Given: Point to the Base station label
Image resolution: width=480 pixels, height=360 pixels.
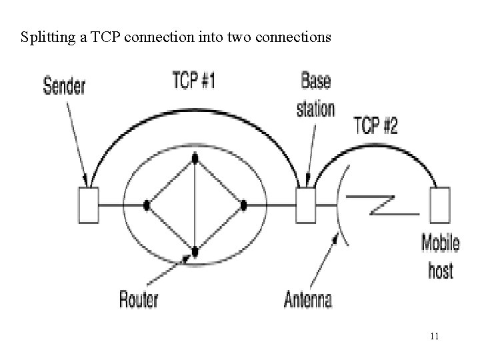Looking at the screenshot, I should click(x=316, y=96).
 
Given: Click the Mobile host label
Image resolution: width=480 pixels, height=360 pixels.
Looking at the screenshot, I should click(x=440, y=257).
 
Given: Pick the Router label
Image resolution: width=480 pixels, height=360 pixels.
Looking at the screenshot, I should click(x=139, y=298).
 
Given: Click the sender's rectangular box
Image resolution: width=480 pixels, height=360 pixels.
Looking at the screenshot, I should click(x=88, y=205).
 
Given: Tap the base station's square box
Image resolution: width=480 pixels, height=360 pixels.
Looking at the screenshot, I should click(x=306, y=204).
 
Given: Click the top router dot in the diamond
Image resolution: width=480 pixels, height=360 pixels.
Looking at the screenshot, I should click(x=195, y=159).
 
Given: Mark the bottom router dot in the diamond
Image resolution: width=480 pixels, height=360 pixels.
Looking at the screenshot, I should click(x=195, y=252).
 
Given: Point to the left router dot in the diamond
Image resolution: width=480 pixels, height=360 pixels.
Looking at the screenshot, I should click(x=146, y=205).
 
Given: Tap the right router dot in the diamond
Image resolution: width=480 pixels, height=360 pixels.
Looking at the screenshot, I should click(x=244, y=205).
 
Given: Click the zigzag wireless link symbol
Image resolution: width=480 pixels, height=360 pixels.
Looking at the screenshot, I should click(x=380, y=203).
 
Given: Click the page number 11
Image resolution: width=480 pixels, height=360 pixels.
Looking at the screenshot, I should click(x=434, y=335).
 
